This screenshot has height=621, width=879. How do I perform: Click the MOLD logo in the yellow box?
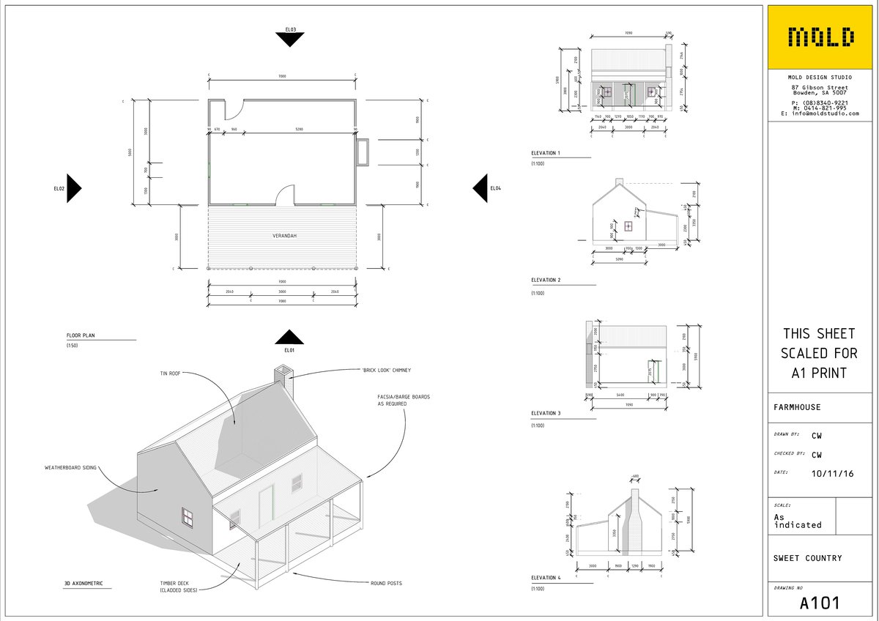click(x=820, y=37)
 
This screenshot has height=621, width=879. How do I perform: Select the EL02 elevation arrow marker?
click(x=73, y=188)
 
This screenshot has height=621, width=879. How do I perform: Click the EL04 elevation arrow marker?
click(x=481, y=188)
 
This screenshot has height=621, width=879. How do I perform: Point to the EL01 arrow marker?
click(x=290, y=338)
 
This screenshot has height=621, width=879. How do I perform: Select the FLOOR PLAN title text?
click(x=81, y=335)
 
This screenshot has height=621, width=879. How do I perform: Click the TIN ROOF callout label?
click(x=170, y=373)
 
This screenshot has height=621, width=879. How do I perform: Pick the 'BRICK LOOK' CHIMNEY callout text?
click(x=387, y=371)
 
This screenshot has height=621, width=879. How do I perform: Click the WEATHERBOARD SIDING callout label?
click(x=70, y=467)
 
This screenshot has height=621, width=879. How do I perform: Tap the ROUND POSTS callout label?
click(x=386, y=584)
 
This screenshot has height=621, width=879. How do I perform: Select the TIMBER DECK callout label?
click(x=179, y=587)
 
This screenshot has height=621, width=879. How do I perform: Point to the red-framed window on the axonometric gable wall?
click(x=188, y=518)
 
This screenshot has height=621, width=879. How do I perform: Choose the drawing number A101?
click(x=820, y=603)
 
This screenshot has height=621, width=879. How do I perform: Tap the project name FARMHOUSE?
click(x=797, y=407)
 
